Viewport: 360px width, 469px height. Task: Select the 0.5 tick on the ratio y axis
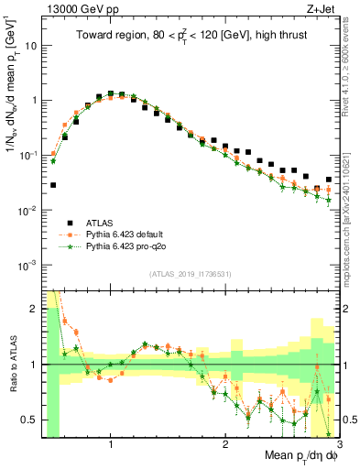[x=29, y=420]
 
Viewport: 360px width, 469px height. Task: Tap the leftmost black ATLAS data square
[x=53, y=185]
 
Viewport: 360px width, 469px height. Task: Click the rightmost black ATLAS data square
[x=329, y=180]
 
